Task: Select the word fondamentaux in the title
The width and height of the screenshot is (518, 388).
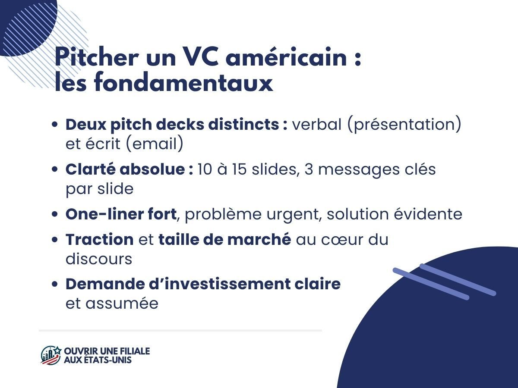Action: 183,83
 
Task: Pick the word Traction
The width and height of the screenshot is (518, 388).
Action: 99,240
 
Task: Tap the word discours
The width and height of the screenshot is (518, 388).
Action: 99,259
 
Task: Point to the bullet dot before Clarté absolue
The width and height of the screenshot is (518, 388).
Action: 55,170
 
